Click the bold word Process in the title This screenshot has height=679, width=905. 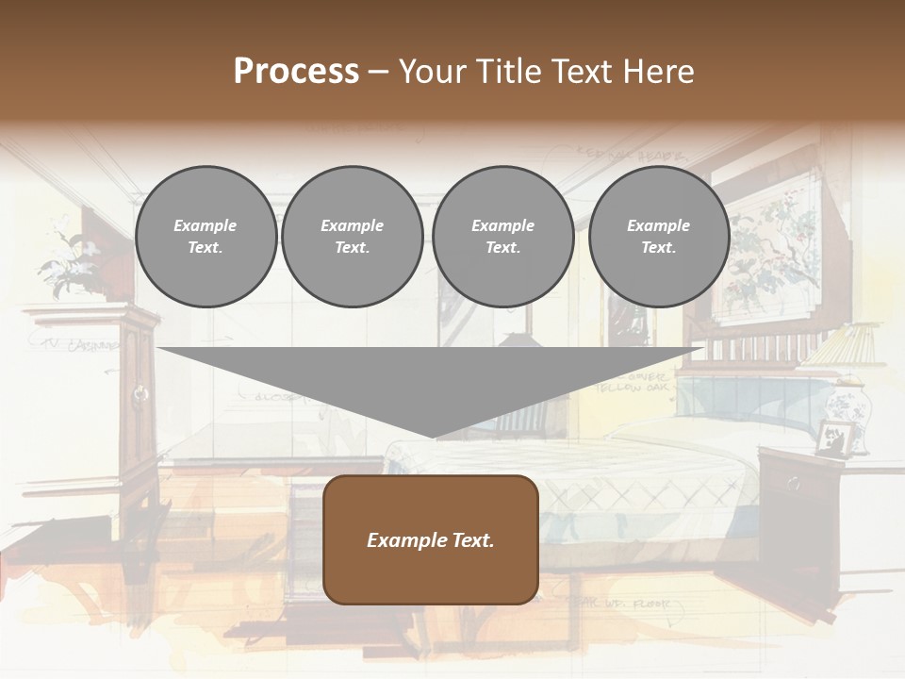(296, 72)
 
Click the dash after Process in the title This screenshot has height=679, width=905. (379, 73)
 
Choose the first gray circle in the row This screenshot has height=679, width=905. (206, 237)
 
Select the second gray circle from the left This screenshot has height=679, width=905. (352, 237)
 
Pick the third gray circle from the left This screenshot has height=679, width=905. (502, 237)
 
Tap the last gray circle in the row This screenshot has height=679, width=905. (658, 237)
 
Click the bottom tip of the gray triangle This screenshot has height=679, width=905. (433, 435)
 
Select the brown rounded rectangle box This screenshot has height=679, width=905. (431, 539)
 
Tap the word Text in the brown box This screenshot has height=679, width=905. (470, 540)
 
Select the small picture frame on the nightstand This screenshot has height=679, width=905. (834, 439)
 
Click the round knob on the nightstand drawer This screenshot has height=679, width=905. (792, 484)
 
